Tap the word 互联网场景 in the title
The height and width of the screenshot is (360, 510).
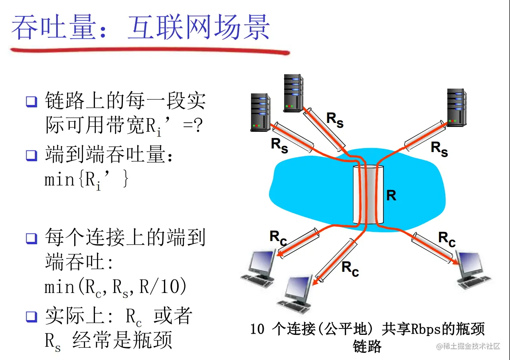pyautogui.click(x=199, y=28)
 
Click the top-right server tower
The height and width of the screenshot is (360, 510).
pyautogui.click(x=457, y=107)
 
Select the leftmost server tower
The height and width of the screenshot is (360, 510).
pyautogui.click(x=260, y=112)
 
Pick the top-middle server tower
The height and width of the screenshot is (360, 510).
pyautogui.click(x=293, y=92)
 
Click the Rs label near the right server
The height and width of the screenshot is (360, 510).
pyautogui.click(x=439, y=148)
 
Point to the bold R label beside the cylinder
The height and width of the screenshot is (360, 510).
pyautogui.click(x=391, y=196)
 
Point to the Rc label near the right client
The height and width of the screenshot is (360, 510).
pyautogui.click(x=447, y=239)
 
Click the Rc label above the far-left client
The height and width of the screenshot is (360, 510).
pyautogui.click(x=278, y=238)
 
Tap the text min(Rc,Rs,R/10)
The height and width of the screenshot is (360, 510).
pyautogui.click(x=115, y=287)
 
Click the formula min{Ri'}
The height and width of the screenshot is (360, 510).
pyautogui.click(x=87, y=180)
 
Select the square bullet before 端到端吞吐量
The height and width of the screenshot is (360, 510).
pyautogui.click(x=32, y=155)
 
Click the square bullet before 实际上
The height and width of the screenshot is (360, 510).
pyautogui.click(x=32, y=316)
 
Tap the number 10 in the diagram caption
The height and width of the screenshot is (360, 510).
pyautogui.click(x=257, y=330)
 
